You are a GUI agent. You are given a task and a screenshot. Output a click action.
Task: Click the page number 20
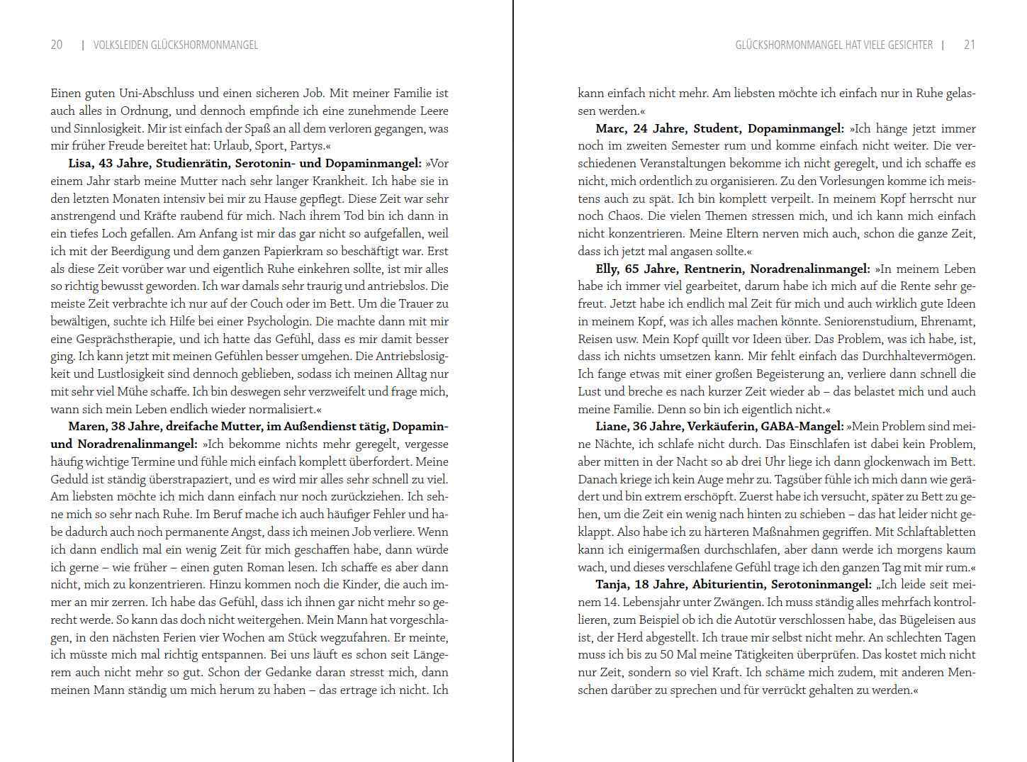pos(57,45)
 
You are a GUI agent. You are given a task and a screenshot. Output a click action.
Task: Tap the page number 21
pos(970,45)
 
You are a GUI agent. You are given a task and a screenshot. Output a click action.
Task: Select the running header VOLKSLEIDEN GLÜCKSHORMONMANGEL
pos(176,45)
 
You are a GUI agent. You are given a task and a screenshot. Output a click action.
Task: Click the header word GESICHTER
pos(910,45)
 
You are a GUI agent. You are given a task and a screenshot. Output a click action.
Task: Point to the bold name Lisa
pos(81,164)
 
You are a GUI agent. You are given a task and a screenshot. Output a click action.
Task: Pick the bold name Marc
pos(610,128)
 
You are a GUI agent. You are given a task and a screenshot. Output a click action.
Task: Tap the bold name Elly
pos(607,269)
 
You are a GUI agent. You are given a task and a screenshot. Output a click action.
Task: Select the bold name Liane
pos(612,427)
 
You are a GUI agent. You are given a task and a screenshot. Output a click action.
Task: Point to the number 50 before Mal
pos(667,655)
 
